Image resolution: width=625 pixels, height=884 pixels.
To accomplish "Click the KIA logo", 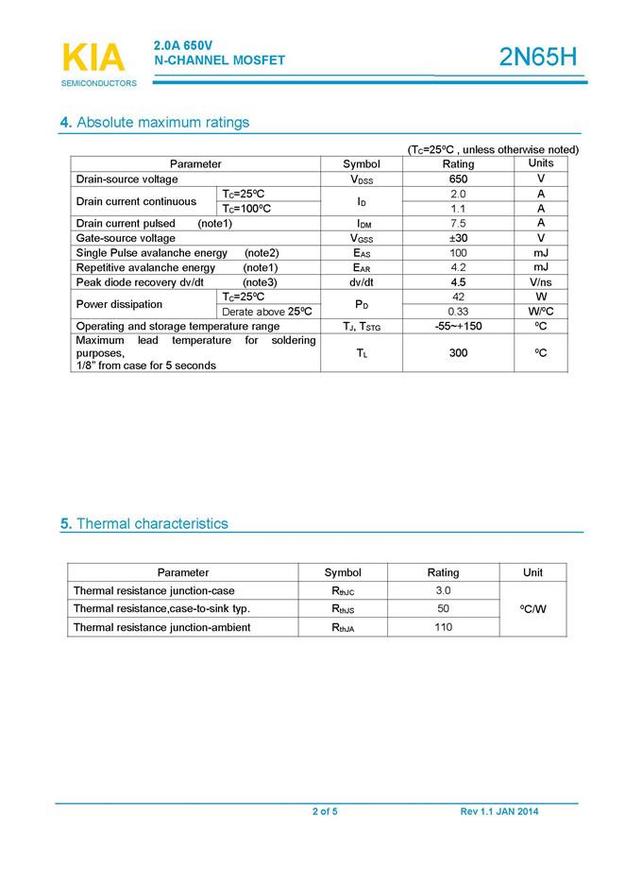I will (x=93, y=59).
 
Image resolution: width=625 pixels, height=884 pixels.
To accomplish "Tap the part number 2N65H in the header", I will (x=537, y=58).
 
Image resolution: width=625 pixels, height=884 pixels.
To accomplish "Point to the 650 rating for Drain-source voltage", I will (x=458, y=178).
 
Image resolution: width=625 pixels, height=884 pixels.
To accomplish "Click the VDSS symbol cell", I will (x=361, y=178).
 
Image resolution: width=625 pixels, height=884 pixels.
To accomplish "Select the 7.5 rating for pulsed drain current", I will (x=458, y=223).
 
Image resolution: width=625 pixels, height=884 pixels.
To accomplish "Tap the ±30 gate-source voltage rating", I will (x=458, y=238).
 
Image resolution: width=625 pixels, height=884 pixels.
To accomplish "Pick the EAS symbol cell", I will (x=361, y=253).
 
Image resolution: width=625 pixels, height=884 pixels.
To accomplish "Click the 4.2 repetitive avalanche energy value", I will (x=458, y=267).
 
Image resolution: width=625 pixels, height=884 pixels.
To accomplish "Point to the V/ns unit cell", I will (x=540, y=282).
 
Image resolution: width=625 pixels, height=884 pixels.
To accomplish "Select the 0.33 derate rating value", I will (x=458, y=312).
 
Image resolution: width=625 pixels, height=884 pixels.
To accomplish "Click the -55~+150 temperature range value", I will (x=458, y=326).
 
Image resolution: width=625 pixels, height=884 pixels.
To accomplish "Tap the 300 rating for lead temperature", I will (x=458, y=352).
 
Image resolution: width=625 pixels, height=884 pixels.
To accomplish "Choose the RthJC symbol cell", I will (x=343, y=591).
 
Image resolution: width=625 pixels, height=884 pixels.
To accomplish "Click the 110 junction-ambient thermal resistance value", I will (x=443, y=627).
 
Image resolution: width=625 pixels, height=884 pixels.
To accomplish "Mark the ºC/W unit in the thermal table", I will (x=532, y=609).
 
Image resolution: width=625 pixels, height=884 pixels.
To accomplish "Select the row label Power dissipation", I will (x=120, y=304).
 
